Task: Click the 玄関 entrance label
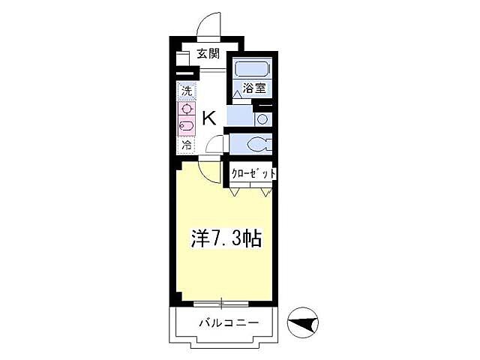coord(208,53)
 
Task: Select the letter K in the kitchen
coord(209,117)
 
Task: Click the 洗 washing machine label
coord(186,91)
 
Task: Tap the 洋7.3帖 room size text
coord(224,239)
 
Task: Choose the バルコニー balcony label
coord(229,324)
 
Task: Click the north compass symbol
coord(304,323)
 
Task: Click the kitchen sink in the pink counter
coord(186,126)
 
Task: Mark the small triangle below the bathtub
coord(238,92)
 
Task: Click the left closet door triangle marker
coord(235,192)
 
